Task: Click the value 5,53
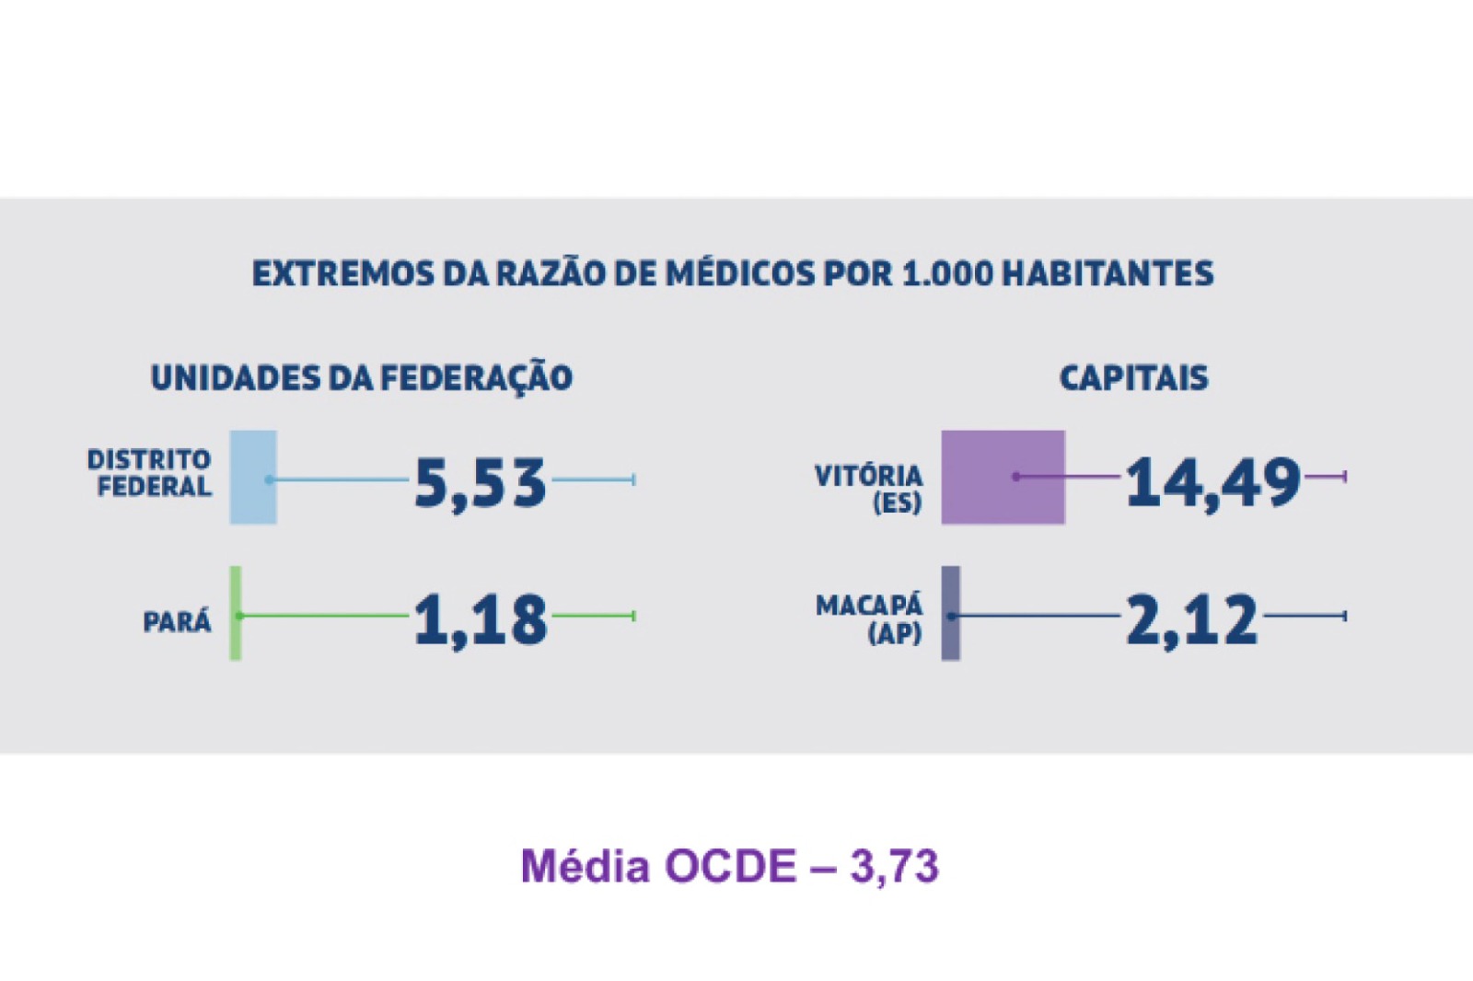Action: [480, 482]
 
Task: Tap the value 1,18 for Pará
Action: [480, 619]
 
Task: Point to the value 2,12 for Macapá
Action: [1191, 619]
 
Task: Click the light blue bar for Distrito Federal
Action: [253, 477]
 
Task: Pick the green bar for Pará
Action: [236, 613]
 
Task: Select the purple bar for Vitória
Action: [1003, 477]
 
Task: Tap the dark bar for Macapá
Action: [950, 613]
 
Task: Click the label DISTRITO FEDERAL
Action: [150, 473]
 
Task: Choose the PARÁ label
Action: [177, 622]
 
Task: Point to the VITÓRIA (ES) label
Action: [869, 489]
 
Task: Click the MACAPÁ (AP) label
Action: [869, 619]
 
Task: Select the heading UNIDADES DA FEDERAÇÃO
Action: [361, 378]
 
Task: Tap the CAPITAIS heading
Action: [1133, 378]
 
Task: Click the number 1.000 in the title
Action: [947, 274]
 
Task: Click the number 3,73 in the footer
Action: [894, 867]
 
